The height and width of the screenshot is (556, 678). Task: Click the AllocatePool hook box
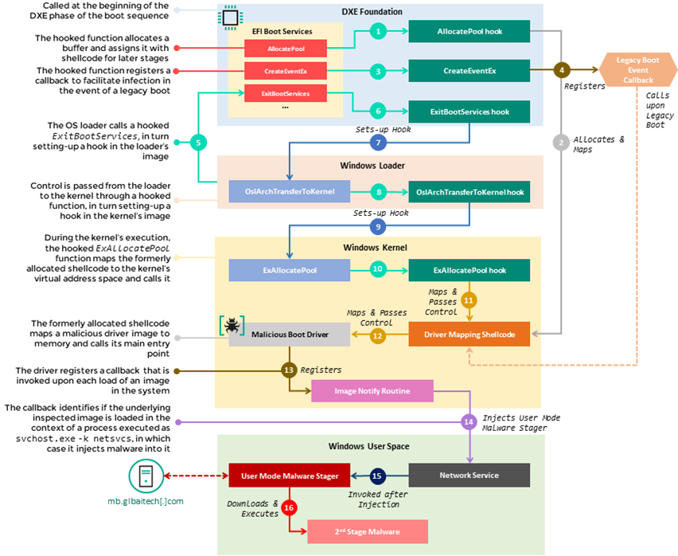point(469,31)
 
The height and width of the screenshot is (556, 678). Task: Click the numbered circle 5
point(199,143)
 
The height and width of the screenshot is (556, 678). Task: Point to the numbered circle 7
point(378,143)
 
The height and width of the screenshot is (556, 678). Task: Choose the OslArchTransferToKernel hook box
point(469,191)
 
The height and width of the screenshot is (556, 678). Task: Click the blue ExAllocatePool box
point(288,271)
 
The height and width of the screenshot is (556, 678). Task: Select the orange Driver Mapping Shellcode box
point(469,335)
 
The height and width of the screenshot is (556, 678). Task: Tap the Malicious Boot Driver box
point(289,335)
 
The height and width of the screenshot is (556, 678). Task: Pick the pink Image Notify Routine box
point(372,391)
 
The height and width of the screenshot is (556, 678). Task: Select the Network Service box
point(469,476)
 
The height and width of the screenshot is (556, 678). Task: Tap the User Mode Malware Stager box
point(289,476)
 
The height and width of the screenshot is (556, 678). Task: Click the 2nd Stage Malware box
point(367,531)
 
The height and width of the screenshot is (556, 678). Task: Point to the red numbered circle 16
point(289,507)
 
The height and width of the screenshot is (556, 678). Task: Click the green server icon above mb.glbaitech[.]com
point(144,476)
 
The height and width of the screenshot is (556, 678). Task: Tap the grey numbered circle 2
point(561,142)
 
